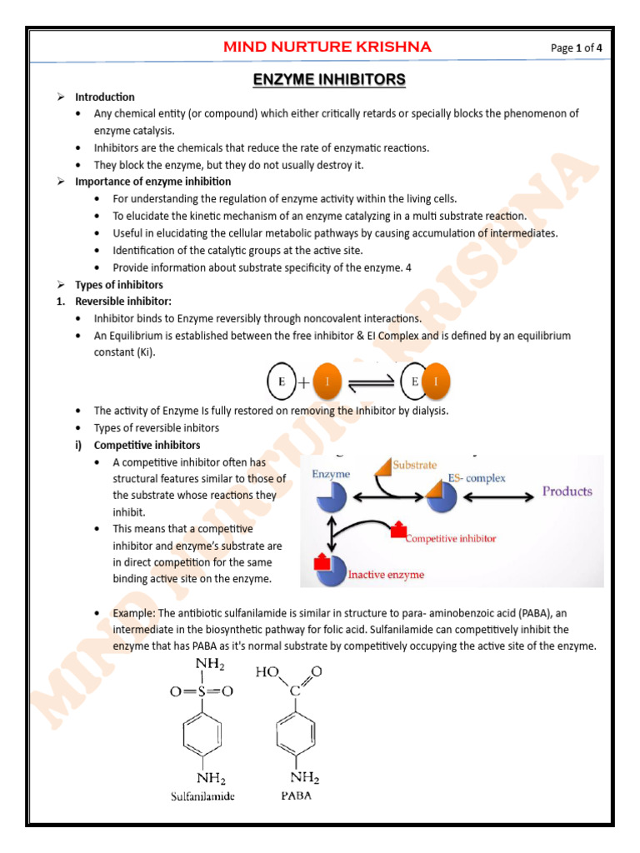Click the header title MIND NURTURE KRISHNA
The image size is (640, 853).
327,47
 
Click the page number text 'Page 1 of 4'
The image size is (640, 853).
576,47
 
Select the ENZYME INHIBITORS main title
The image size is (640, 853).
329,80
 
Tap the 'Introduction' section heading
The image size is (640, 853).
104,97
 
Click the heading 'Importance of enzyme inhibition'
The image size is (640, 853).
153,181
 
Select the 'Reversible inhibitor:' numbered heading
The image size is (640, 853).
123,301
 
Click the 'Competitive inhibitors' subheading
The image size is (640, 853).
147,445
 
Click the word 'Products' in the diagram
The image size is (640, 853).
567,491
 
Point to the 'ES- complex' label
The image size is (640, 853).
476,478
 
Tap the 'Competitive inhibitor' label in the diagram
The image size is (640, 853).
451,538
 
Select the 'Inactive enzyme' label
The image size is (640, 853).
386,575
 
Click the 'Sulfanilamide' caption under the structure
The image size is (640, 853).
202,796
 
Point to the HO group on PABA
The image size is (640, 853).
268,672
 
